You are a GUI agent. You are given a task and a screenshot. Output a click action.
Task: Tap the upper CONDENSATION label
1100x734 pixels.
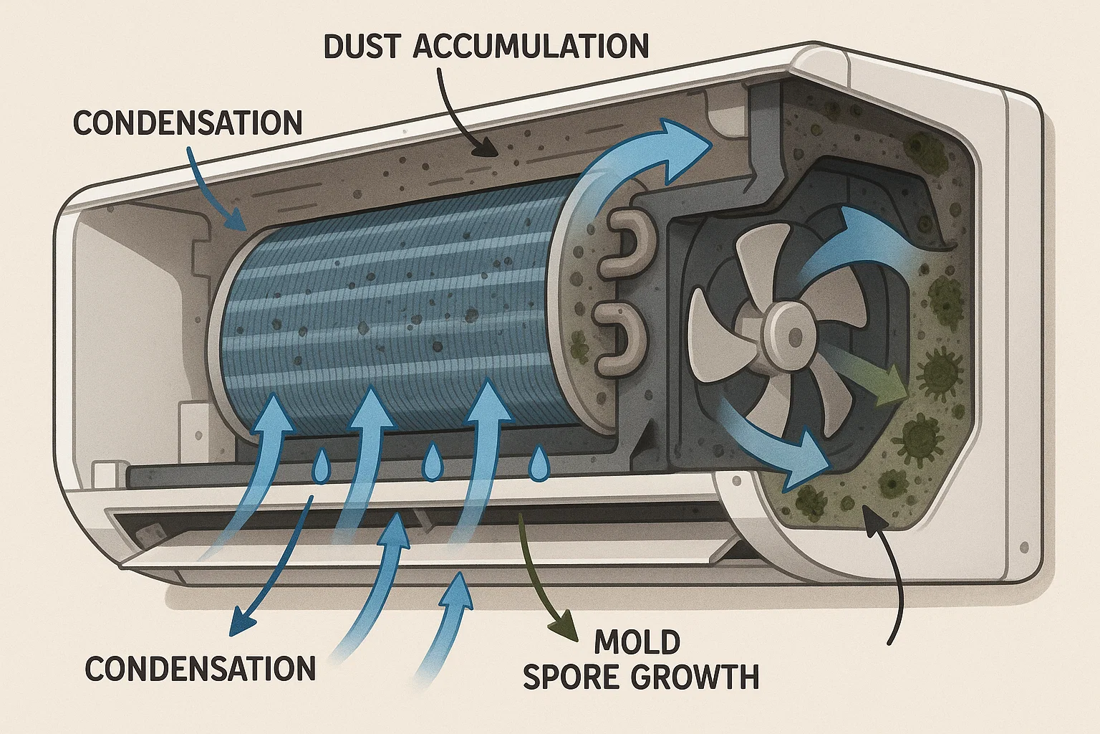point(187,123)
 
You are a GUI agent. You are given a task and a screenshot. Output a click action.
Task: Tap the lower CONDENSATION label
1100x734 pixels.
point(200,668)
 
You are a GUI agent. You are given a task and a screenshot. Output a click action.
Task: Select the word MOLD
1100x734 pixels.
point(637,642)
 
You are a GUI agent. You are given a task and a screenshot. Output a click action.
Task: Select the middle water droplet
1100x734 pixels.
point(432,463)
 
